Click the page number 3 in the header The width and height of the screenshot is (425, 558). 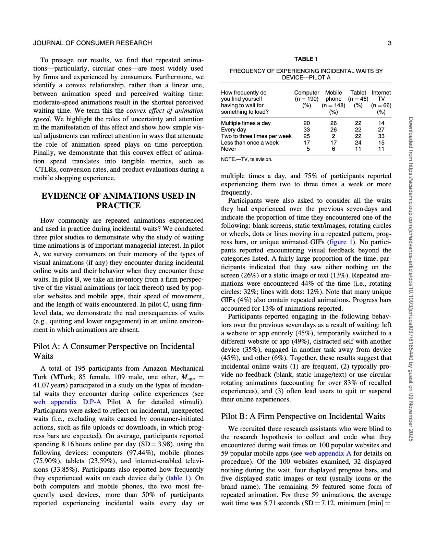click(x=389, y=43)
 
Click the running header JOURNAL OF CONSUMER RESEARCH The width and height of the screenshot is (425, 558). click(x=93, y=43)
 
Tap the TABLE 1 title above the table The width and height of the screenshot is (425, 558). click(x=306, y=59)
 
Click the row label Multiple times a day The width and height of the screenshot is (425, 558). click(x=246, y=123)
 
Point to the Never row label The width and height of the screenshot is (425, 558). click(x=229, y=149)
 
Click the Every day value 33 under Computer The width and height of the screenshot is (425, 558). click(x=307, y=129)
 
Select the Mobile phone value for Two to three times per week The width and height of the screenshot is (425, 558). click(x=333, y=136)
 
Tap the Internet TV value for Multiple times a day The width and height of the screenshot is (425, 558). click(x=381, y=123)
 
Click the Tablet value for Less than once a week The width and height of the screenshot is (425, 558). click(x=358, y=142)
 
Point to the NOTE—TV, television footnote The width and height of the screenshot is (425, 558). click(x=247, y=159)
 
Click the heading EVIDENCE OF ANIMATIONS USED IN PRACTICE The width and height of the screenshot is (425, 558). click(x=118, y=200)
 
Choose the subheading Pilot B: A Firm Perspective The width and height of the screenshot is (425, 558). click(x=303, y=416)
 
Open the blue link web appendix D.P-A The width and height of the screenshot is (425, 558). click(x=67, y=402)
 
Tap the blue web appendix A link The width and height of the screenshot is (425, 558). click(x=328, y=453)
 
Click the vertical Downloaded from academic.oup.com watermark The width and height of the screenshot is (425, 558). click(x=411, y=279)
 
